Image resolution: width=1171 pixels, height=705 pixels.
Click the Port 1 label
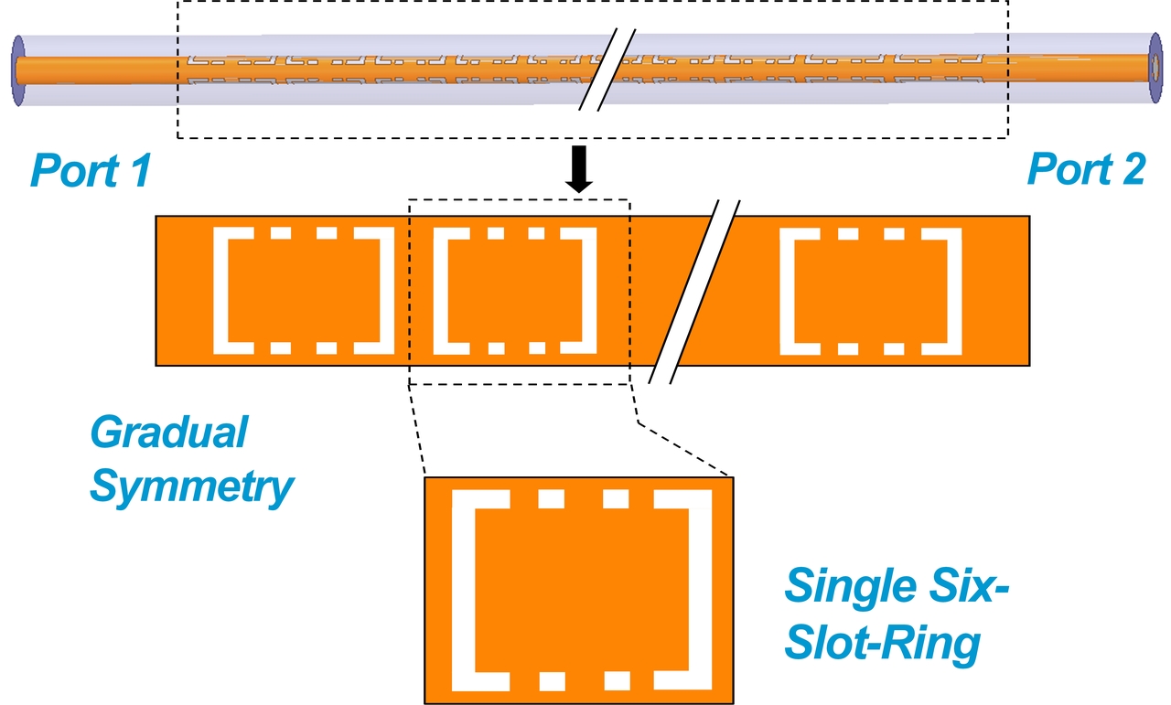click(x=90, y=170)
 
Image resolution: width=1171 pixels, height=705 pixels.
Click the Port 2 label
click(x=1086, y=170)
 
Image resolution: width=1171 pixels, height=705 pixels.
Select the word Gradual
click(x=168, y=432)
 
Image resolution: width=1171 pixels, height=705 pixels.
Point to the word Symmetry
click(x=191, y=487)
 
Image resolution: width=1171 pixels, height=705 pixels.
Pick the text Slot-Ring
click(x=883, y=645)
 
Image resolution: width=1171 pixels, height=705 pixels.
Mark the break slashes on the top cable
click(x=607, y=69)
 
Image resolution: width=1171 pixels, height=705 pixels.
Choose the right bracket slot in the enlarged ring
click(x=701, y=590)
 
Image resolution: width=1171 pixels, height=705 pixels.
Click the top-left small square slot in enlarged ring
click(x=552, y=499)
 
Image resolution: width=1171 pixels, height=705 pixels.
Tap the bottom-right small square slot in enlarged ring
click(x=616, y=680)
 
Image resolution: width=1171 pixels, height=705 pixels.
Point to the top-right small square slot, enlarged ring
click(x=616, y=499)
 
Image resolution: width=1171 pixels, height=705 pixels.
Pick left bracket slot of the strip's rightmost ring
click(x=789, y=291)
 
